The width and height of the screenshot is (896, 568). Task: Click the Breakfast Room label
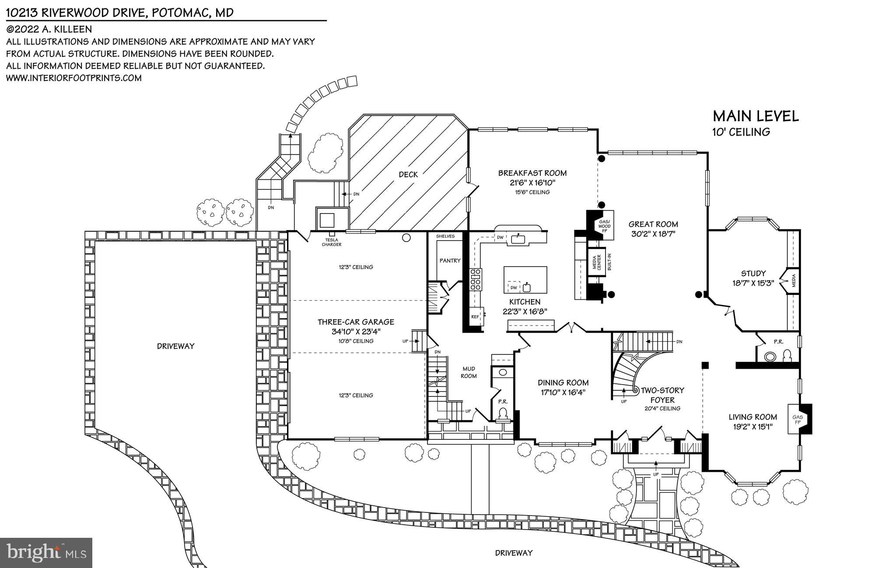(532, 173)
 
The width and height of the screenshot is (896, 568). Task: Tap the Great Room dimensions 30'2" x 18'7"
(654, 234)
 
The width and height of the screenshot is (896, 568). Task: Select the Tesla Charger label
(331, 242)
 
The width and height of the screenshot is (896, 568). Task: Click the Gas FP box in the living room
(797, 420)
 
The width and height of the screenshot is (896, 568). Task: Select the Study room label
(753, 273)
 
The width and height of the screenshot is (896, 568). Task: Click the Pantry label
(450, 260)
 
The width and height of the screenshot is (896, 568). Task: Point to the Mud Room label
(468, 372)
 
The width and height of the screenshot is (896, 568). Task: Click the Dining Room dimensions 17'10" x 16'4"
(563, 393)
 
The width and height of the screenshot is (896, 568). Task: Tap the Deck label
(408, 174)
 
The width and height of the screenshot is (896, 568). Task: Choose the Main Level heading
(756, 116)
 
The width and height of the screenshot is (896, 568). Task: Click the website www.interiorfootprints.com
(73, 78)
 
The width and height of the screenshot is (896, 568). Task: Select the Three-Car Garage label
(355, 322)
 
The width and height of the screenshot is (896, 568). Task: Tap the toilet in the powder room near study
(787, 354)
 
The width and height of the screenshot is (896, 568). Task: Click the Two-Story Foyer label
(662, 395)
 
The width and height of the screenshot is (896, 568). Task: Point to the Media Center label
(597, 262)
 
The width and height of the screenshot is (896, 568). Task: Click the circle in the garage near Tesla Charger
(406, 238)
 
